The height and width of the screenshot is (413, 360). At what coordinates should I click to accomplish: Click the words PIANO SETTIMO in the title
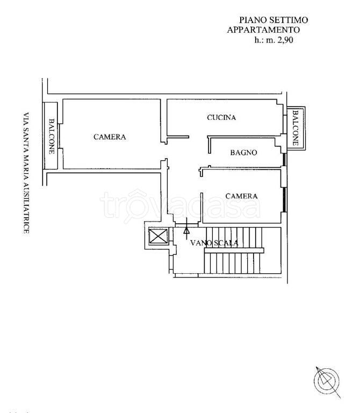(273, 20)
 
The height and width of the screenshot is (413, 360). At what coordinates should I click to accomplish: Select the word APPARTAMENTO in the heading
(263, 30)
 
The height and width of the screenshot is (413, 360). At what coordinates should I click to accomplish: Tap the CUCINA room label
(221, 117)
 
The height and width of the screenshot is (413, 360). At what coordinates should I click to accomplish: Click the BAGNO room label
(244, 153)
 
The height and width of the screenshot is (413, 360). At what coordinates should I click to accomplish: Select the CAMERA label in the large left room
(110, 137)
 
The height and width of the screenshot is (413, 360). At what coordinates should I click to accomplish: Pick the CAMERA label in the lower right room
(242, 196)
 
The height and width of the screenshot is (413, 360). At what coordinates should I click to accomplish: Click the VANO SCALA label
(214, 243)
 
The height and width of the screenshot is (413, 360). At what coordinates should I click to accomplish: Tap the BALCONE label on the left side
(52, 136)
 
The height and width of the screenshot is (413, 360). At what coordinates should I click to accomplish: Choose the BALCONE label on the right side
(296, 128)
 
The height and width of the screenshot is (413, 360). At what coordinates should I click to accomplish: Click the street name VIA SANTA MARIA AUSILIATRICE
(26, 173)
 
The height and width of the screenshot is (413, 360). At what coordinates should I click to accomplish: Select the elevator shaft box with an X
(158, 236)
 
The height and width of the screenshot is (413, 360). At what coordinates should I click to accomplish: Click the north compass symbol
(327, 381)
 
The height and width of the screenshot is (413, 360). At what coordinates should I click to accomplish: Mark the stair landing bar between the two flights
(234, 251)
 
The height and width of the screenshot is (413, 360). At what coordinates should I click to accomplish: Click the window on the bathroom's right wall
(284, 160)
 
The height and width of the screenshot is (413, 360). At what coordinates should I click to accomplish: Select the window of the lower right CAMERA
(284, 199)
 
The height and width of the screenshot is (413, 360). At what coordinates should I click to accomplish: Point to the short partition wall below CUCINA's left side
(178, 137)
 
